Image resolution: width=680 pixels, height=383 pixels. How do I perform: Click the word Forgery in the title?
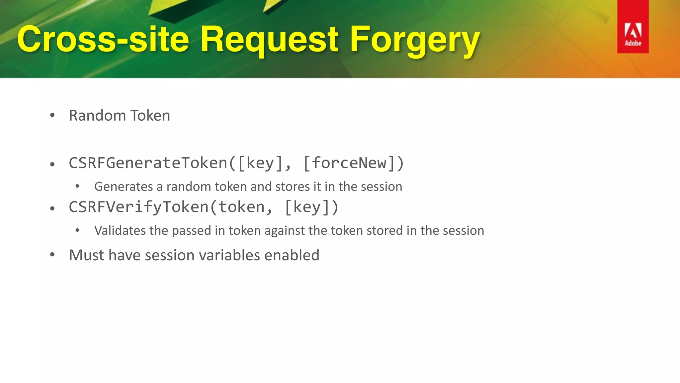pyautogui.click(x=415, y=40)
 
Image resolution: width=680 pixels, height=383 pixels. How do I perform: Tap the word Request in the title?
pyautogui.click(x=269, y=40)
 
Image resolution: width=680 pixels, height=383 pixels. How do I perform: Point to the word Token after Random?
pyautogui.click(x=150, y=116)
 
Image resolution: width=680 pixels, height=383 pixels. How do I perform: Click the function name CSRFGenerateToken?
pyautogui.click(x=148, y=163)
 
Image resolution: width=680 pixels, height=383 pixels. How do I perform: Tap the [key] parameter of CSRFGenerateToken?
pyautogui.click(x=260, y=163)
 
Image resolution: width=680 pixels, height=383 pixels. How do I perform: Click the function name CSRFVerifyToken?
pyautogui.click(x=138, y=207)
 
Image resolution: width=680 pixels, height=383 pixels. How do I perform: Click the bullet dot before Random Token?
pyautogui.click(x=52, y=115)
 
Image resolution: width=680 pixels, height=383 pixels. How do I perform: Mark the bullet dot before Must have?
pyautogui.click(x=52, y=255)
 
